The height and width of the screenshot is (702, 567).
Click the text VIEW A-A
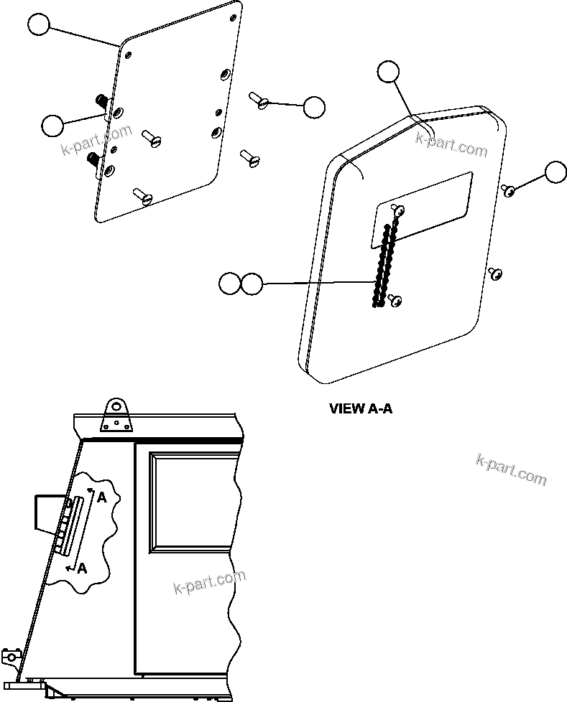360,408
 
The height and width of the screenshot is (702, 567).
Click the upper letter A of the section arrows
102,497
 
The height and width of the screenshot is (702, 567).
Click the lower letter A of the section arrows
82,568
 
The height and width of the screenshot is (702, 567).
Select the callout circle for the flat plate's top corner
40,26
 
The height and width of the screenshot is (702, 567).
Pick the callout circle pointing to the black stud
52,125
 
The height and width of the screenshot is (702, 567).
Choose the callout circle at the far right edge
556,172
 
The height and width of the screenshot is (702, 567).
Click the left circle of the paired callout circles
230,284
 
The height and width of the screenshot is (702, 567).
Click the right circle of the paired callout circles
252,284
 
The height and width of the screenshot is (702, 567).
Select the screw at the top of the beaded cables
398,210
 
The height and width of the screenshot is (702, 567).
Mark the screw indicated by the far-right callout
508,190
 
